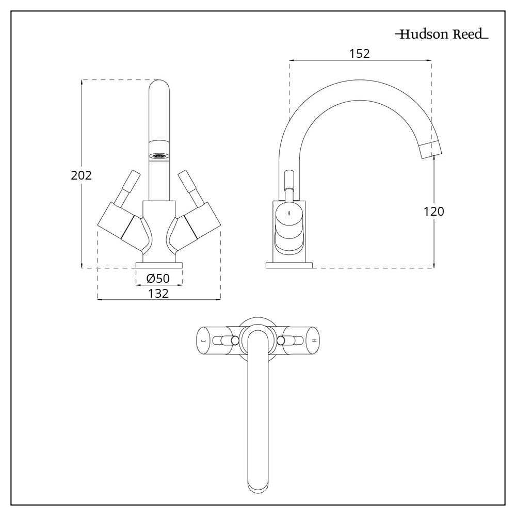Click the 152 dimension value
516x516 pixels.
pos(360,53)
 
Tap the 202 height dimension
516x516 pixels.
pos(81,175)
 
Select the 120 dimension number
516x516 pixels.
pos(433,211)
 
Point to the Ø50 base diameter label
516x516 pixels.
pos(158,279)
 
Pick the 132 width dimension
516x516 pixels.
pos(158,293)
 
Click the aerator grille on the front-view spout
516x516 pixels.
pos(159,154)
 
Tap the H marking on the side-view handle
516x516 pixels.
pos(289,213)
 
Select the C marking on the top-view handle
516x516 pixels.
pos(203,340)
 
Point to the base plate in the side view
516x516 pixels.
pos(289,265)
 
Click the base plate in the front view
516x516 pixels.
pos(159,265)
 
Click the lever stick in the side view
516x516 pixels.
pos(288,186)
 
